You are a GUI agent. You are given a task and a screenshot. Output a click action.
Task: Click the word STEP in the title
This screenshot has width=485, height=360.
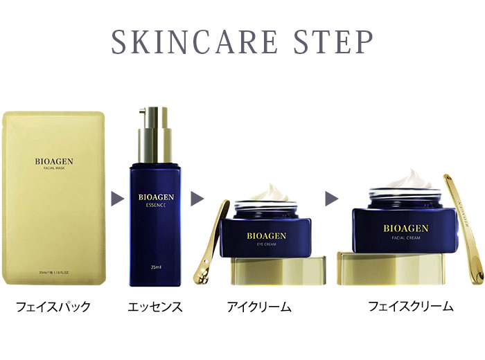point(333,43)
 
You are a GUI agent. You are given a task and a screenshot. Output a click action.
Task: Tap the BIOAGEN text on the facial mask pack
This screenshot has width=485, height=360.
point(54,162)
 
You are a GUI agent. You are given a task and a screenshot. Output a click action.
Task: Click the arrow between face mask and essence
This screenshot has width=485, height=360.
point(117,199)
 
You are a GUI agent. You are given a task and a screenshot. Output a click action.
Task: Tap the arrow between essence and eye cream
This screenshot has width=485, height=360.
point(197,199)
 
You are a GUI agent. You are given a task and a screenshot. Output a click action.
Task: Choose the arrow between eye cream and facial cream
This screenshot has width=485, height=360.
point(332,199)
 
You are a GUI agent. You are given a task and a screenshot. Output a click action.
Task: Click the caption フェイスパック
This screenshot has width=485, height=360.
point(54,306)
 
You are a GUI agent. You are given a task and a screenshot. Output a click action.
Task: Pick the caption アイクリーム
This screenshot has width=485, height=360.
point(259,306)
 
